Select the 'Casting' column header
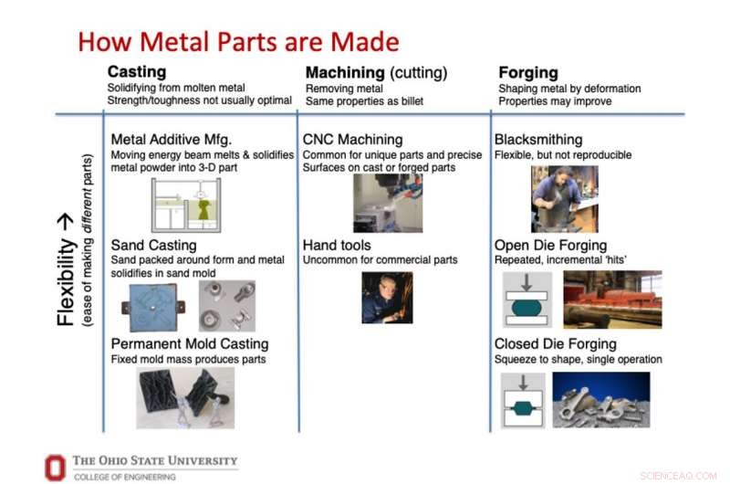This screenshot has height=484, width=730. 137,71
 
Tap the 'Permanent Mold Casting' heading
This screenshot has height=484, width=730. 190,344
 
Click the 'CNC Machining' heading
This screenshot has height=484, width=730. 352,140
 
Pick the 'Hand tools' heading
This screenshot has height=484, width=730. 337,245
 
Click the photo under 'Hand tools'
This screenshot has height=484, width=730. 387,297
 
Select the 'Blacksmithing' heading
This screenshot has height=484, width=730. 538,140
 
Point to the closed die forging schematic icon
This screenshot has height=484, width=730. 524,400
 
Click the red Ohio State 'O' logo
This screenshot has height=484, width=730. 56,467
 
